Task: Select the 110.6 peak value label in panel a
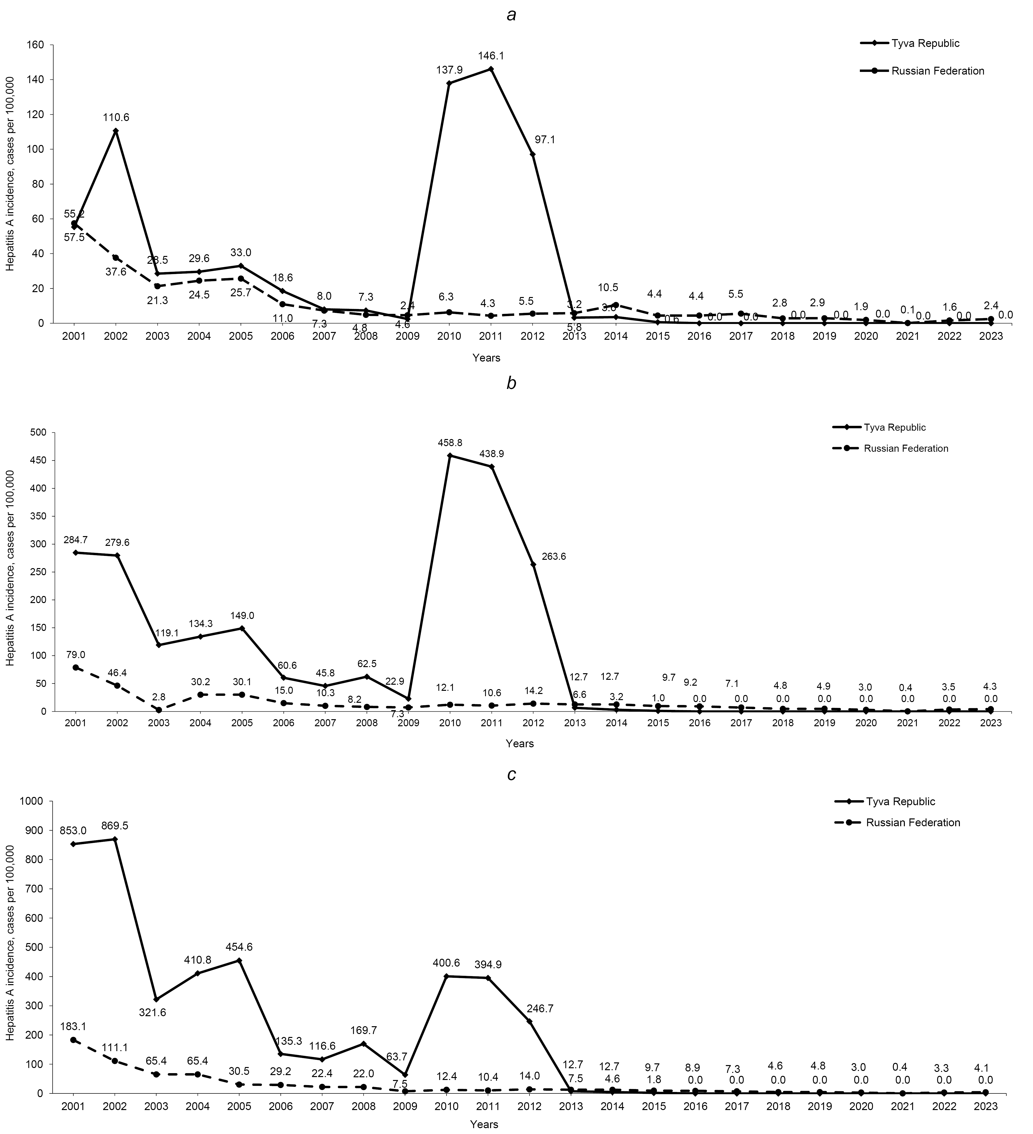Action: click(x=116, y=118)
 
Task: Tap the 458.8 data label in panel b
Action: click(x=449, y=443)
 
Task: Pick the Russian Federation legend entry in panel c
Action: click(x=913, y=822)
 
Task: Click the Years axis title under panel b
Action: click(x=519, y=744)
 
